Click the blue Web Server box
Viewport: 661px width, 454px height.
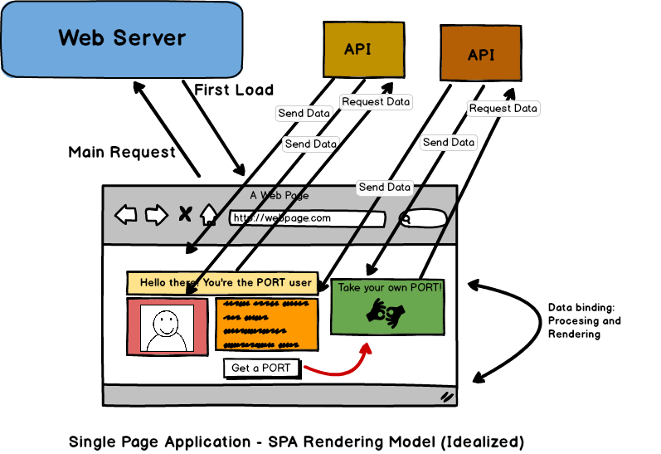coord(122,38)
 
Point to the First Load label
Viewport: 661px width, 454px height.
coord(233,90)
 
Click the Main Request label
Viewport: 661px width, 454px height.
coord(122,152)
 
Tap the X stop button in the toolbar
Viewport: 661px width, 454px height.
coord(185,216)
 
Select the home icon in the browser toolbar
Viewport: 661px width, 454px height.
coord(208,216)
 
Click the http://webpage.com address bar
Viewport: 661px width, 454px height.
coord(307,218)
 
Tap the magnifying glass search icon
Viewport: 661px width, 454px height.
coord(406,219)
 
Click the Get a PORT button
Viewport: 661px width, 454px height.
coord(260,368)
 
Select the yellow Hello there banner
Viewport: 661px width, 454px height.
coord(222,283)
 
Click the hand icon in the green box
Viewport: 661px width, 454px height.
coord(387,313)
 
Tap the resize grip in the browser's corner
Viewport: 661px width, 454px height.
coord(447,397)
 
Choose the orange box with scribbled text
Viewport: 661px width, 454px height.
coord(266,325)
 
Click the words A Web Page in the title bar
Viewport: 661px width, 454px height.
coord(279,196)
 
